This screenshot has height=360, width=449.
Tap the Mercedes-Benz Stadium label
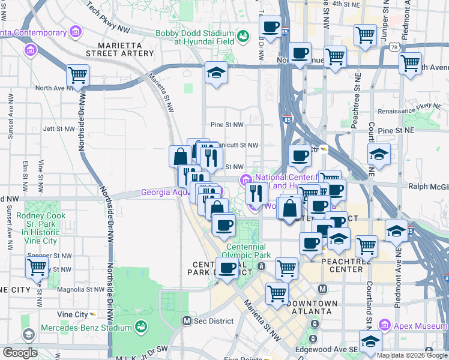(86, 328)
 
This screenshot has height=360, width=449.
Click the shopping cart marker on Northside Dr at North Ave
(78, 76)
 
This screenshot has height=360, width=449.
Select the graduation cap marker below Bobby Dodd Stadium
(216, 73)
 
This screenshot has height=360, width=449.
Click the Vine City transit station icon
(93, 314)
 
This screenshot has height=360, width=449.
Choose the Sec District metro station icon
(187, 321)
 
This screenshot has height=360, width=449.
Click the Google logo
(20, 353)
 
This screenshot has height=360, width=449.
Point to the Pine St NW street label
(227, 125)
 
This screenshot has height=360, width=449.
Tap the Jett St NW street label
(58, 128)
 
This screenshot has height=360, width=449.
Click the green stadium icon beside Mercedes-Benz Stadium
(141, 327)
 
